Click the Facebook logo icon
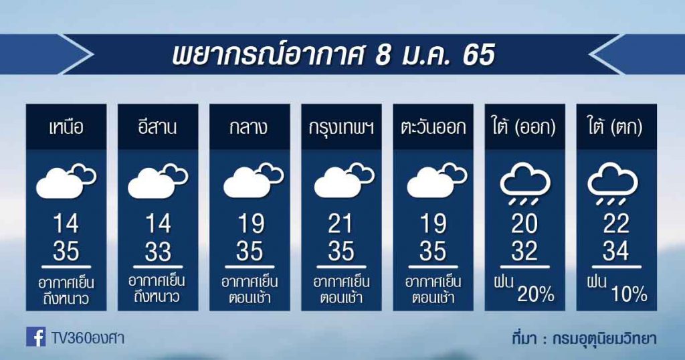click(x=36, y=337)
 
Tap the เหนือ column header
click(x=66, y=128)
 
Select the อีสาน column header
click(x=158, y=127)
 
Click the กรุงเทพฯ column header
click(x=341, y=128)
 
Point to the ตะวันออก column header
click(x=433, y=128)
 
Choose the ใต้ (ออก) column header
click(x=524, y=128)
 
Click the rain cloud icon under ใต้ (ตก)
click(x=613, y=184)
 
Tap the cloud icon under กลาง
click(x=254, y=180)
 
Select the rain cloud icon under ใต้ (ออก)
click(x=525, y=184)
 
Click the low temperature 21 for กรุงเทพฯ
click(x=340, y=224)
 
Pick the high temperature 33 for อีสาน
click(x=158, y=252)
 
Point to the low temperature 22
click(x=616, y=224)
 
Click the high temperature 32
click(x=524, y=252)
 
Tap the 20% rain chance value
click(x=536, y=295)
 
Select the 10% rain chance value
click(x=629, y=295)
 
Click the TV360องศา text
click(x=88, y=338)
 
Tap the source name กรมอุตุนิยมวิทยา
click(x=604, y=339)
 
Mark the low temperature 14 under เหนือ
click(x=66, y=224)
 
